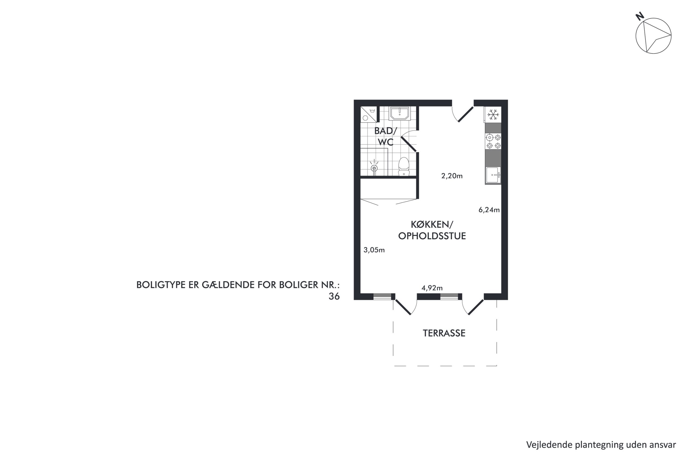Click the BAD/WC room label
point(385,136)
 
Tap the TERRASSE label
point(444,333)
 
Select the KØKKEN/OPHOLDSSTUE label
point(432,230)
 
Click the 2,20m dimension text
point(452,176)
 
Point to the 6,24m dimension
point(489,210)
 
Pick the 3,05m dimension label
point(374,250)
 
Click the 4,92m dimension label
point(432,288)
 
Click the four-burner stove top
point(493,142)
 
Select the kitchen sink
point(493,175)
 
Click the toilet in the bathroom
point(404,167)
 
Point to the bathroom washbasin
point(399,113)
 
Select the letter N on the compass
point(640,16)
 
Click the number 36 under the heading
point(334,296)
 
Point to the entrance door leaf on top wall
point(466,114)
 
